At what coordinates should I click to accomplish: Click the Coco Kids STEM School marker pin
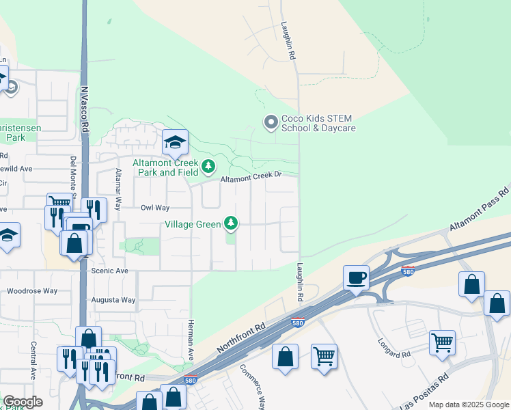pyautogui.click(x=271, y=122)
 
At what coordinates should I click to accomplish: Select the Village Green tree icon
pyautogui.click(x=232, y=223)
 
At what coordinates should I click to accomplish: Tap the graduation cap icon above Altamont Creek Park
pyautogui.click(x=175, y=143)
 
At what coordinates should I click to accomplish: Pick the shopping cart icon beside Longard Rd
pyautogui.click(x=442, y=342)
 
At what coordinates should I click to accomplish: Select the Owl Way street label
pyautogui.click(x=154, y=208)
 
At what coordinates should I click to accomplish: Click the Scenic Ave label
pyautogui.click(x=110, y=271)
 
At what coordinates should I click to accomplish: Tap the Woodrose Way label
pyautogui.click(x=32, y=290)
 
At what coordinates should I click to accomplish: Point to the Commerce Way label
pyautogui.click(x=251, y=386)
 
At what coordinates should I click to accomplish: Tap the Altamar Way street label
pyautogui.click(x=118, y=184)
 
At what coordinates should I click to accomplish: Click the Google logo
pyautogui.click(x=23, y=402)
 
